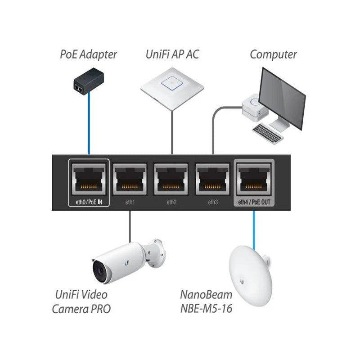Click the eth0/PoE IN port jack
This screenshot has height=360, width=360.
(89, 179)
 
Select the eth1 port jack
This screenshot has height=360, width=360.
(130, 179)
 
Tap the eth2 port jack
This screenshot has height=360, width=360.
(171, 179)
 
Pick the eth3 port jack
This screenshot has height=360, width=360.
(213, 179)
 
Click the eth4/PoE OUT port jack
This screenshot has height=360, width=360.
(254, 179)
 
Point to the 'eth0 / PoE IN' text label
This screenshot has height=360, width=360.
(89, 202)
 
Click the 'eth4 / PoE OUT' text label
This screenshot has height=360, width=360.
(254, 202)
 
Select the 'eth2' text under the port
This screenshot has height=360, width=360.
(171, 202)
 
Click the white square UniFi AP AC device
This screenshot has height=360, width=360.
(171, 85)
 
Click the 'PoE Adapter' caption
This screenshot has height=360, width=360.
(88, 55)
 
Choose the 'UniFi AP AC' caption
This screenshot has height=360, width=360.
(172, 55)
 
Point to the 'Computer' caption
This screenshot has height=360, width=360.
(273, 55)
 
